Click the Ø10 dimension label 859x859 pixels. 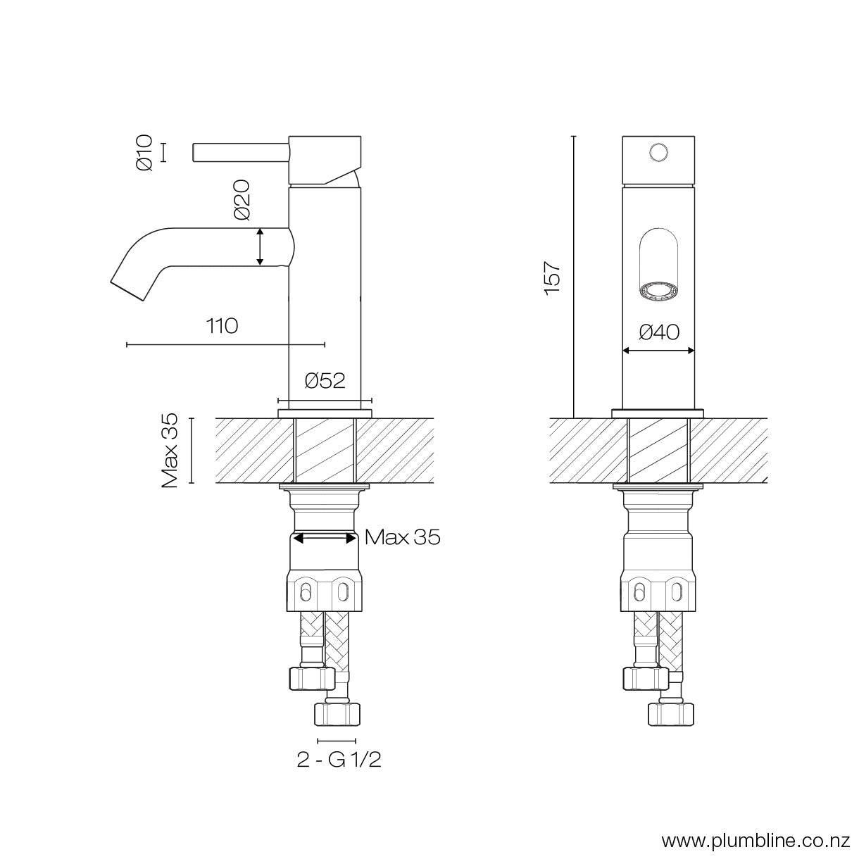144,153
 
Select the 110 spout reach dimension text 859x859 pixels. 222,327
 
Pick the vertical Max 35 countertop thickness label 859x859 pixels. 170,451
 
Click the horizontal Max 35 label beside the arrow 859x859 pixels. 403,538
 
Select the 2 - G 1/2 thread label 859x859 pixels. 339,761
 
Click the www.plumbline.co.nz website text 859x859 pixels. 757,840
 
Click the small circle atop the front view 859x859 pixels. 659,152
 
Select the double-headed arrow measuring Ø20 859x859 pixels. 260,246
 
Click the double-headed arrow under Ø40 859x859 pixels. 659,350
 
